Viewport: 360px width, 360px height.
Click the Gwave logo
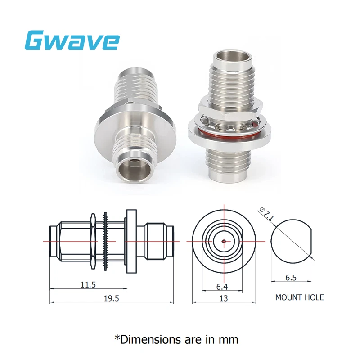tap(72, 40)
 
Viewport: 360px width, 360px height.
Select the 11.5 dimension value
tap(88, 285)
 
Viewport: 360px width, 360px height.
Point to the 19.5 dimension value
tap(110, 298)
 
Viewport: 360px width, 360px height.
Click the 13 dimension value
tap(224, 298)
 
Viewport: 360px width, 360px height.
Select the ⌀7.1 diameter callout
tap(267, 214)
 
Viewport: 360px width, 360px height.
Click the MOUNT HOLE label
tap(299, 297)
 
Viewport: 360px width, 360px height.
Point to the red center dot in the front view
tap(224, 241)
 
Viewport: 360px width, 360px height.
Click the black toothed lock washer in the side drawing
tap(105, 242)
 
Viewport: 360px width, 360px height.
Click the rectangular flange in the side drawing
tap(131, 242)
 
